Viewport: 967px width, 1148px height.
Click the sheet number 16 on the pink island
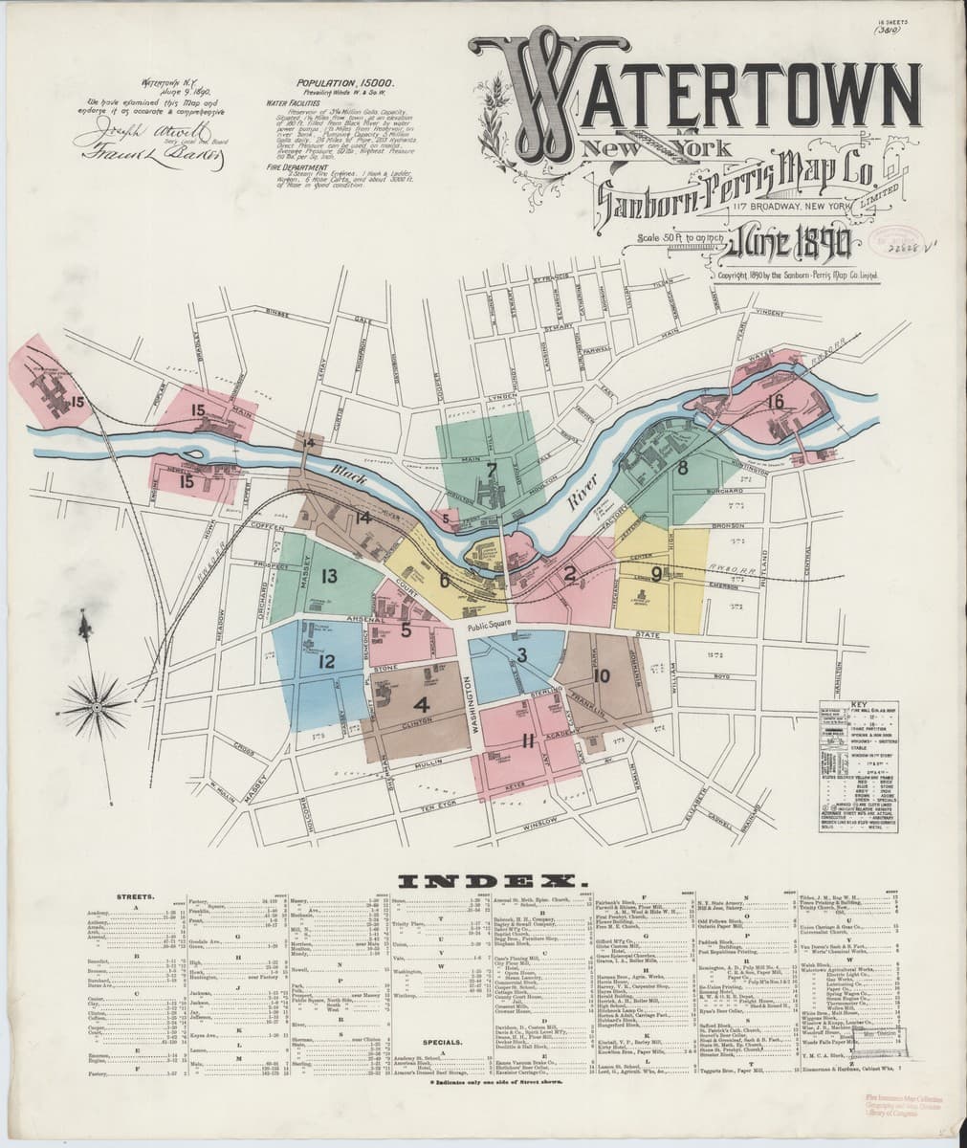pos(775,401)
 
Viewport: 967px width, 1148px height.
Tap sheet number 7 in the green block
pos(491,470)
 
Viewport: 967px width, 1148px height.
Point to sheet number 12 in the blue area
pos(326,661)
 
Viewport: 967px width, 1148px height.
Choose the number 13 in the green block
pos(329,576)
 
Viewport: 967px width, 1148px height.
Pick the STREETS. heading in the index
pos(135,896)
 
